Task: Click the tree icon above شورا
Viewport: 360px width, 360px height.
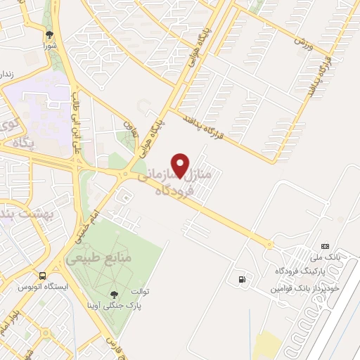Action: (49, 34)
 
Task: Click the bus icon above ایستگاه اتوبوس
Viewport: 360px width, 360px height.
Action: (44, 276)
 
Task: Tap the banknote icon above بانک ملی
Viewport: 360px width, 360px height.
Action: (324, 246)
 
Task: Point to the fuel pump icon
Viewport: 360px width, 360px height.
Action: (243, 280)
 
